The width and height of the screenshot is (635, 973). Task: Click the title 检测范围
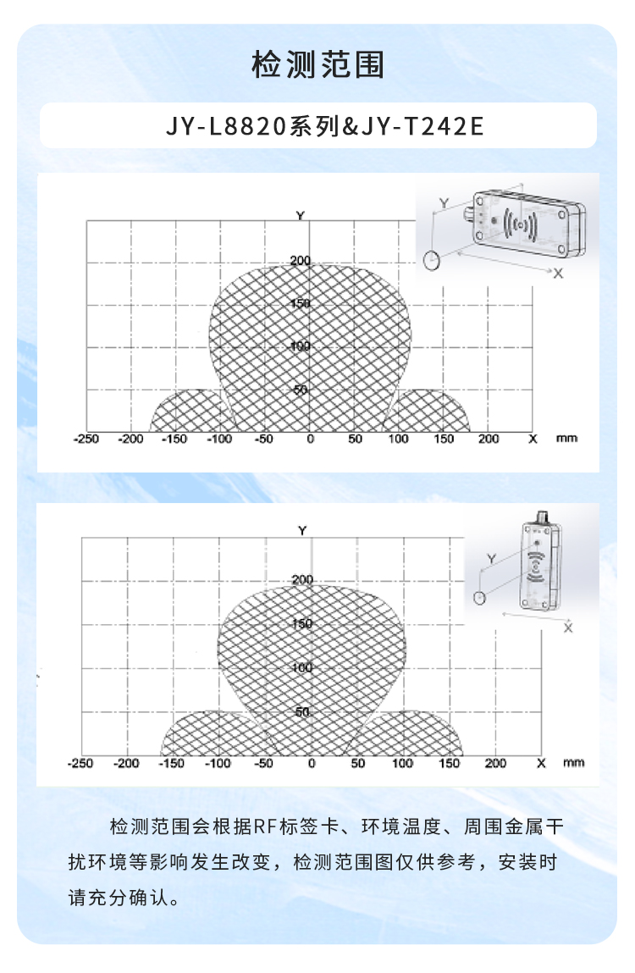pyautogui.click(x=317, y=64)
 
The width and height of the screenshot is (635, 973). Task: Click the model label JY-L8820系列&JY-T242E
pyautogui.click(x=324, y=126)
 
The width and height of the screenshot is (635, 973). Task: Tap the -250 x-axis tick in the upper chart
pyautogui.click(x=86, y=440)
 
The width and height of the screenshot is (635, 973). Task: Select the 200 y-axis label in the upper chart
pyautogui.click(x=301, y=261)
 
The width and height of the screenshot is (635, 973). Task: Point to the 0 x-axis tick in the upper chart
pyautogui.click(x=311, y=440)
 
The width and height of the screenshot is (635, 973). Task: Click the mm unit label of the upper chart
pyautogui.click(x=566, y=439)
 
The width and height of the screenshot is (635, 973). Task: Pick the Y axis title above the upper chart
pyautogui.click(x=301, y=216)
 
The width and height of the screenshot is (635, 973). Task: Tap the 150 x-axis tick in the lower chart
pyautogui.click(x=450, y=763)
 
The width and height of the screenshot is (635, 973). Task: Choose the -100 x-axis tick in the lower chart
pyautogui.click(x=218, y=763)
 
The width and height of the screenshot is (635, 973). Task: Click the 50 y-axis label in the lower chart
pyautogui.click(x=302, y=711)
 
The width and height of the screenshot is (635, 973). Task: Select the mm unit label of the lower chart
pyautogui.click(x=573, y=763)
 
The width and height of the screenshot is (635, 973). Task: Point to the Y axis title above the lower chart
pyautogui.click(x=302, y=531)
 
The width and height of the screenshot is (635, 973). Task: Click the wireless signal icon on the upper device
pyautogui.click(x=520, y=224)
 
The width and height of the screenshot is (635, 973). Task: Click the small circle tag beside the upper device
pyautogui.click(x=432, y=260)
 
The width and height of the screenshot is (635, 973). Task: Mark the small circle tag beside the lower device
pyautogui.click(x=478, y=598)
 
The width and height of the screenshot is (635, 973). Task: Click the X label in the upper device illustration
pyautogui.click(x=558, y=274)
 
